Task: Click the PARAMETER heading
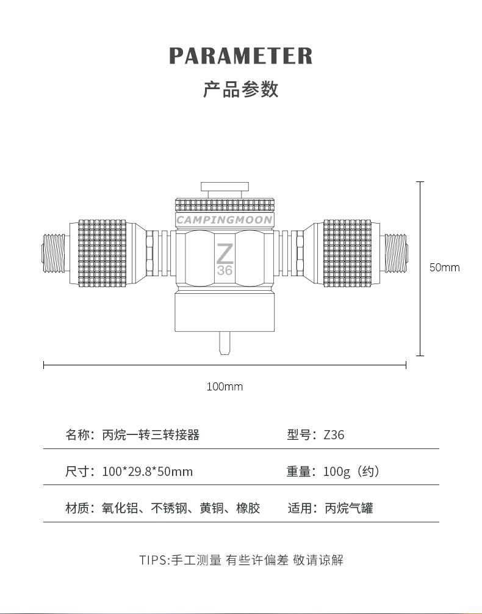click(241, 56)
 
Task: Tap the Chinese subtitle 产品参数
click(241, 89)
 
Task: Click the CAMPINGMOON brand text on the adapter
click(225, 220)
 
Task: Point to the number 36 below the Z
click(225, 270)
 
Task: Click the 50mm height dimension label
click(444, 268)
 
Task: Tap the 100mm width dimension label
click(225, 387)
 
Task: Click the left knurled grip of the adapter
click(103, 253)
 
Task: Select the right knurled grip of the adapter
click(348, 253)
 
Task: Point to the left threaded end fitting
click(54, 254)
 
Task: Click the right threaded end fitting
click(396, 254)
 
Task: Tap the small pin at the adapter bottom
click(225, 343)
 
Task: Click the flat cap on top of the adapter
click(225, 186)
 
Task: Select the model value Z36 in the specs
click(334, 434)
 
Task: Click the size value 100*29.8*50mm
click(148, 472)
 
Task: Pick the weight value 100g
click(337, 472)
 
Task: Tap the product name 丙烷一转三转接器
click(151, 434)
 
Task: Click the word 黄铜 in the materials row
click(212, 508)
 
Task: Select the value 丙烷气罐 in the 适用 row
click(349, 508)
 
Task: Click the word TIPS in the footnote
click(153, 560)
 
